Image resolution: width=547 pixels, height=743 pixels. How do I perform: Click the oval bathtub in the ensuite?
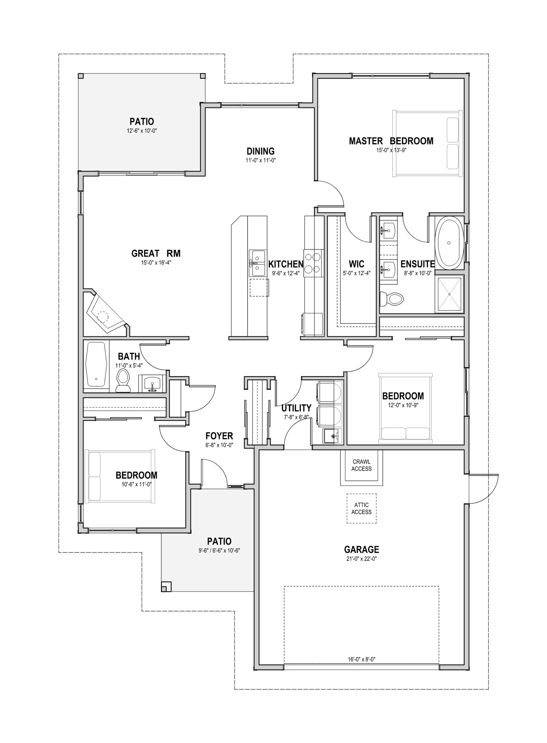click(449, 243)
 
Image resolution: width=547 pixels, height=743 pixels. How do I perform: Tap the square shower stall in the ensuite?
click(449, 294)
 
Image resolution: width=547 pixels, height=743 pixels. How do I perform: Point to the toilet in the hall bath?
click(123, 381)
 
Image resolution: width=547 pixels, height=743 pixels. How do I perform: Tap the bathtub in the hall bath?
click(96, 364)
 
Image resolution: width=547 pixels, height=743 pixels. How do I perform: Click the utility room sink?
click(331, 435)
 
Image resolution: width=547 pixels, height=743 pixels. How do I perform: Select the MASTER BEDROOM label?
click(391, 141)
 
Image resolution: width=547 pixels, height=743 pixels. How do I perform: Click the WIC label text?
click(356, 264)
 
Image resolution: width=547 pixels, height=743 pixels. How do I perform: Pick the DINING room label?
click(261, 151)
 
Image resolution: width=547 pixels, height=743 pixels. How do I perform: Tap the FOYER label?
click(219, 436)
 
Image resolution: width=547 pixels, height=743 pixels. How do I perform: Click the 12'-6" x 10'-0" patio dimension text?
click(142, 131)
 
